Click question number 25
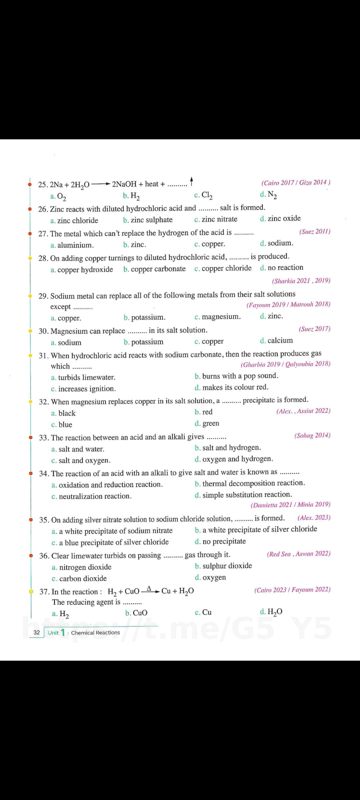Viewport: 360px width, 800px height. pyautogui.click(x=43, y=185)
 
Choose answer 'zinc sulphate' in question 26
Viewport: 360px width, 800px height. pyautogui.click(x=151, y=220)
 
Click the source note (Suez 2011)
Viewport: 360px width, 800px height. pyautogui.click(x=315, y=231)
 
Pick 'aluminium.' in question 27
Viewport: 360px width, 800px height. pyautogui.click(x=75, y=245)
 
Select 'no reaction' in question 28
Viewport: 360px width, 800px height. pyautogui.click(x=285, y=268)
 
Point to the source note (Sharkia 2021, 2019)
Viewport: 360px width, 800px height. pyautogui.click(x=301, y=281)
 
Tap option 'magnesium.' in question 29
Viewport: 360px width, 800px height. pyautogui.click(x=221, y=317)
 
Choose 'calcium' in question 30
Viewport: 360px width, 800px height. pyautogui.click(x=280, y=341)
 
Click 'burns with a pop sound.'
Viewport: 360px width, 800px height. pyautogui.click(x=240, y=376)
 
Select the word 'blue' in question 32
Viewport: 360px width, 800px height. pyautogui.click(x=65, y=425)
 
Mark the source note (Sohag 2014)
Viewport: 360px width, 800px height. pyautogui.click(x=312, y=435)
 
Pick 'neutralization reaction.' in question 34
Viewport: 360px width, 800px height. pyautogui.click(x=95, y=496)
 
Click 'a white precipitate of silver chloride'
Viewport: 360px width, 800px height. pyautogui.click(x=260, y=529)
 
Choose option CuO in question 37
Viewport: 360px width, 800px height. pyautogui.click(x=140, y=613)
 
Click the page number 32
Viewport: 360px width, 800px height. pyautogui.click(x=37, y=632)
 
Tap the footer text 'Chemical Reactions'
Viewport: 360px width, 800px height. pyautogui.click(x=95, y=633)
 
